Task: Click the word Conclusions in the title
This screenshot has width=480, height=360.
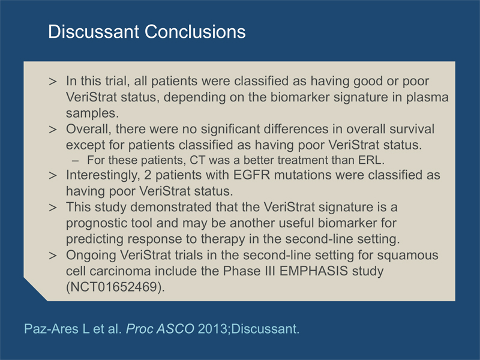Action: [195, 32]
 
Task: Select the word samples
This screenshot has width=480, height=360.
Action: [92, 113]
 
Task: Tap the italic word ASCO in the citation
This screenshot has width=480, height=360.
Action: [175, 329]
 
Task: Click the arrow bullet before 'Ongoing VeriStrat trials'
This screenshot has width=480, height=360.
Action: [53, 256]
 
